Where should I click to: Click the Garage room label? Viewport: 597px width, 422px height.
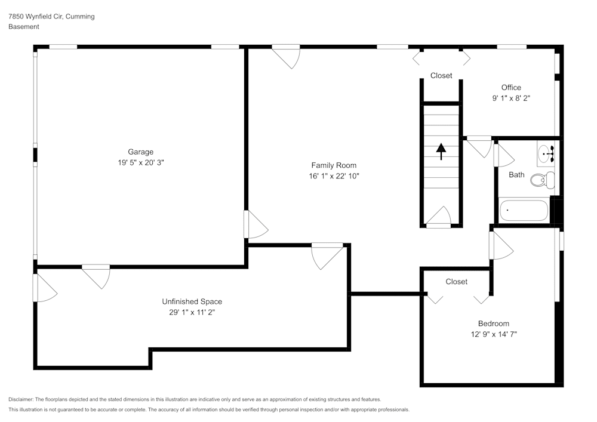[140, 152]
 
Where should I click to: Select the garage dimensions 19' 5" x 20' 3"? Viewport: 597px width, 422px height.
[140, 162]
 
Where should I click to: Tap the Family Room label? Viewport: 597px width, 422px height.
[333, 165]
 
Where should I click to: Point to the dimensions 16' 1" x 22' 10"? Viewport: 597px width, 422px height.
[333, 176]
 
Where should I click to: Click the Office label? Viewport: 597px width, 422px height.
[511, 88]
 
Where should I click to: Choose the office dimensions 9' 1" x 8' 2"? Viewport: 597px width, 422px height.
[511, 98]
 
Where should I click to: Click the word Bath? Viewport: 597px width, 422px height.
[516, 175]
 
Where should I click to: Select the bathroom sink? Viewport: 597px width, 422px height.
[546, 154]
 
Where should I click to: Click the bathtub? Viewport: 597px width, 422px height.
[524, 210]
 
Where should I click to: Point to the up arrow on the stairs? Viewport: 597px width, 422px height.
[441, 152]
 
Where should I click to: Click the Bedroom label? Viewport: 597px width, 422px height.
[493, 324]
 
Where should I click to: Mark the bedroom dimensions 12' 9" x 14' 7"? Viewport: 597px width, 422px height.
[493, 334]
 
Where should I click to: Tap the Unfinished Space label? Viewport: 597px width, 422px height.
[192, 301]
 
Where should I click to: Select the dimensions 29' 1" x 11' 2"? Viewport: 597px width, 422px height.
[192, 312]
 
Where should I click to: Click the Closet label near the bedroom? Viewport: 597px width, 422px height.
[456, 282]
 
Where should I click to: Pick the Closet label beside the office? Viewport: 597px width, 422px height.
[441, 76]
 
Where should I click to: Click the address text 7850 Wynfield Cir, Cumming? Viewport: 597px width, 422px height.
[51, 17]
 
